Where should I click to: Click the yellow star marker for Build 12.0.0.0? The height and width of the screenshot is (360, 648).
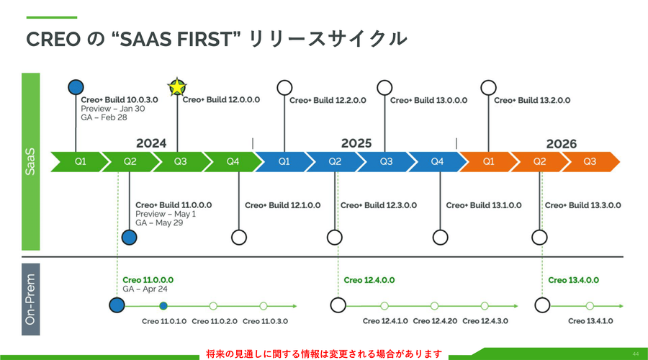[x=176, y=88]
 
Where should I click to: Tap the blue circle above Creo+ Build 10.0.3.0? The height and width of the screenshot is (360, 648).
[x=76, y=88]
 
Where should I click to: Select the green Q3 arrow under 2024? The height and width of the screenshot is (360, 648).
[x=180, y=161]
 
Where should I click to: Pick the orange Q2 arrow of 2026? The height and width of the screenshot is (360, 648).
[x=539, y=161]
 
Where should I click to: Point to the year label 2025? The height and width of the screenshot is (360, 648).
[x=356, y=143]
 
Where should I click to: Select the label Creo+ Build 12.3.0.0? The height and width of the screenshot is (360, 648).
[x=378, y=205]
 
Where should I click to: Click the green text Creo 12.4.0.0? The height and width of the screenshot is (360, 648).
[x=369, y=280]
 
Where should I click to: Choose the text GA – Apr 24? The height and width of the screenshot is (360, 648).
[x=145, y=289]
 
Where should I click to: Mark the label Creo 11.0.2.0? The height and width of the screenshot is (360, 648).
[x=214, y=321]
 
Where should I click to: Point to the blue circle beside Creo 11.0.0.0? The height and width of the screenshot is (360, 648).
[x=117, y=305]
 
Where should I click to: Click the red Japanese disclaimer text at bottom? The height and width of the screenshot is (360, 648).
[x=323, y=354]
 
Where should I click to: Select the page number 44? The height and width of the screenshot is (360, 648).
[x=635, y=354]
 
